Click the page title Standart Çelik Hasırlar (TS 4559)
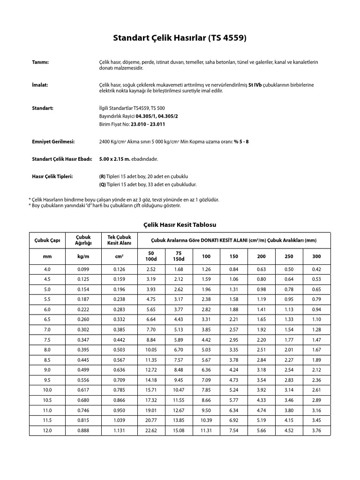point(180,38)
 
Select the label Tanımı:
point(40,62)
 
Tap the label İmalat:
point(40,85)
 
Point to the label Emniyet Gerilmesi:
point(53,142)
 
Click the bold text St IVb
point(255,85)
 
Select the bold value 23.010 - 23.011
point(148,124)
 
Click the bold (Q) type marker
point(103,185)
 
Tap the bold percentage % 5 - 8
point(241,142)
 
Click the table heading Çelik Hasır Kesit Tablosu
point(180,225)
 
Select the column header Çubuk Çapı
point(47,240)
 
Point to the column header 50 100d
point(151,256)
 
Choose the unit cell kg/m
point(83,256)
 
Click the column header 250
point(289,256)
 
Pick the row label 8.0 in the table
point(47,350)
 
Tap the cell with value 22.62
point(151,431)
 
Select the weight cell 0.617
point(83,390)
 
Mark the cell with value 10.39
point(206,420)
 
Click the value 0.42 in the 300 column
point(316,270)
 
